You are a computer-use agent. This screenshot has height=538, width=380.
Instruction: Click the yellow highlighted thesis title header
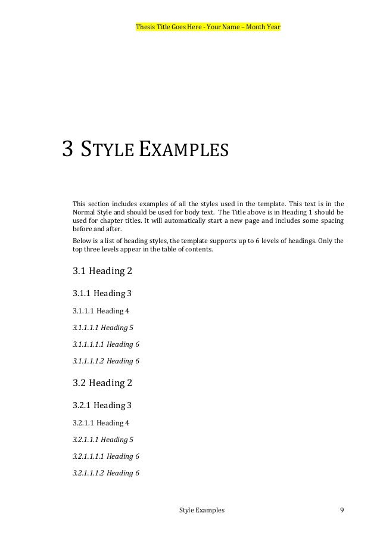pyautogui.click(x=208, y=27)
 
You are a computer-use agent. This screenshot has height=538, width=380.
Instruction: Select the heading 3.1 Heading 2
pyautogui.click(x=102, y=271)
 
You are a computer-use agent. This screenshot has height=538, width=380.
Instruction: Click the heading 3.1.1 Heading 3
pyautogui.click(x=102, y=293)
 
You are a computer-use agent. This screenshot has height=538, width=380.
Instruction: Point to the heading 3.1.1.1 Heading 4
pyautogui.click(x=101, y=310)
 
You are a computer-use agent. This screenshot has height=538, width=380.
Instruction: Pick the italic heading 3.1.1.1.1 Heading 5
pyautogui.click(x=103, y=327)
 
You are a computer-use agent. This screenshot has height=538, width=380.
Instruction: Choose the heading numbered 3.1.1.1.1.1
pyautogui.click(x=105, y=344)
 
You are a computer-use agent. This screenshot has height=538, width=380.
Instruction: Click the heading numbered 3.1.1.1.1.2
pyautogui.click(x=105, y=360)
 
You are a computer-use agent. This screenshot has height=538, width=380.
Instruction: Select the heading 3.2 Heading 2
pyautogui.click(x=102, y=383)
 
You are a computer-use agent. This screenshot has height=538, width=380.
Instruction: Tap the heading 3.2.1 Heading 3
pyautogui.click(x=102, y=406)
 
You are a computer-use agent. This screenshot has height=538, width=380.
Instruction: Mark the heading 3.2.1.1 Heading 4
pyautogui.click(x=101, y=423)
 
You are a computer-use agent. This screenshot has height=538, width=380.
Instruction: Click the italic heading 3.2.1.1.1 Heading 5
pyautogui.click(x=103, y=440)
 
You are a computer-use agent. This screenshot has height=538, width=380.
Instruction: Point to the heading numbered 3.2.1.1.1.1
pyautogui.click(x=105, y=456)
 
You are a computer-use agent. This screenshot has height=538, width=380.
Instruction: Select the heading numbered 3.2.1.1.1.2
pyautogui.click(x=105, y=473)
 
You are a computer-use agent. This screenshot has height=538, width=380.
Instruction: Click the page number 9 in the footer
pyautogui.click(x=341, y=511)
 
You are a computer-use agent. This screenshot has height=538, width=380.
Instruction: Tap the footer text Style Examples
pyautogui.click(x=202, y=511)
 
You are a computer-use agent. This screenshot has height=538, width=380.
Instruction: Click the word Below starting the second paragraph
pyautogui.click(x=80, y=241)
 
